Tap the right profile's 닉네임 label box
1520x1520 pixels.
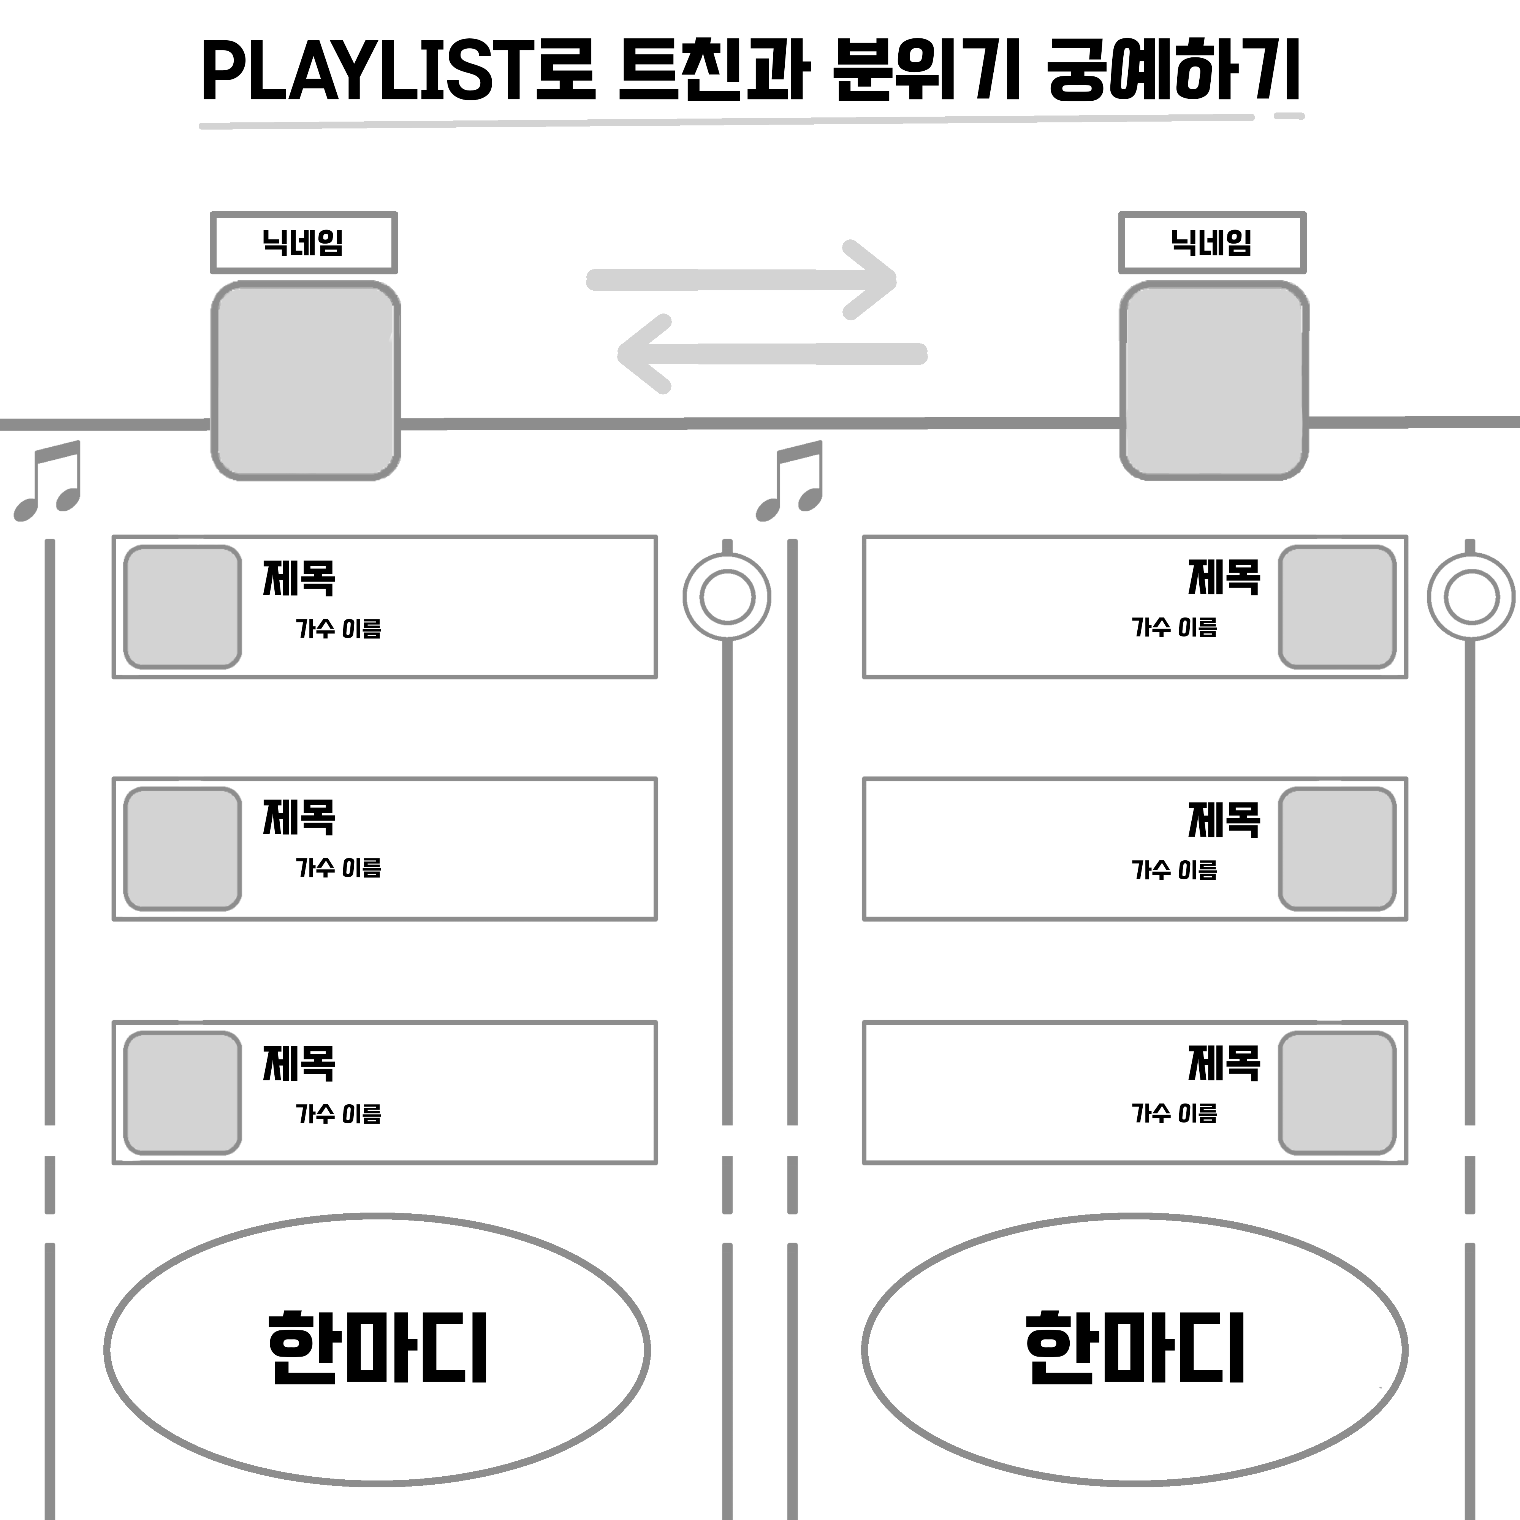coord(1211,242)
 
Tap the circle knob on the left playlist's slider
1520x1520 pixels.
coord(726,596)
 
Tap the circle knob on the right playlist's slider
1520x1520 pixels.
coord(1471,596)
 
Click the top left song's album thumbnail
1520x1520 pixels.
coord(182,606)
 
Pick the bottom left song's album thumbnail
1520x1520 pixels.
coord(182,1093)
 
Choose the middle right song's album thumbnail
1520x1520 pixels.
coord(1337,849)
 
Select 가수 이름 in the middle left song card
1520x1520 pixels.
coord(338,868)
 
